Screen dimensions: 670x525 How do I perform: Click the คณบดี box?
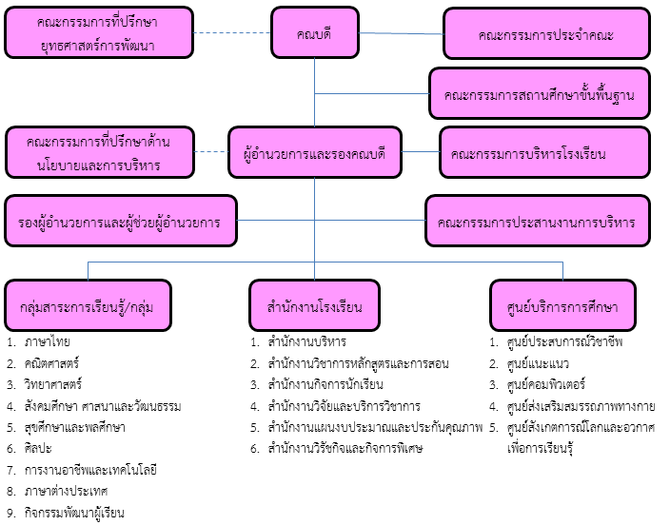coord(315,32)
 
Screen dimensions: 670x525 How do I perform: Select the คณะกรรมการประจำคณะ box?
coord(546,33)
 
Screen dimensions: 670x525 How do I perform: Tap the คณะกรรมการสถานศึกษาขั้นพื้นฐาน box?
coord(540,93)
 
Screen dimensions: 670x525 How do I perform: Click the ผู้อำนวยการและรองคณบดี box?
coord(315,152)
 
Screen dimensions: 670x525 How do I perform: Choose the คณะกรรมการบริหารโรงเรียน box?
coord(544,152)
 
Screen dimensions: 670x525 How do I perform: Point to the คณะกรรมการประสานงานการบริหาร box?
coord(538,221)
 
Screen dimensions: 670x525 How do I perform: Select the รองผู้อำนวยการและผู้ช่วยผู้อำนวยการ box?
coord(121,221)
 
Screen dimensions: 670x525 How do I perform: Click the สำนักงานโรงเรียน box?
coord(314,305)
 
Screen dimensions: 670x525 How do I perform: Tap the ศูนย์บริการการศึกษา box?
coord(562,305)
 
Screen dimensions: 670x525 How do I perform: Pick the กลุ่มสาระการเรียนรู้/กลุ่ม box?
coord(88,305)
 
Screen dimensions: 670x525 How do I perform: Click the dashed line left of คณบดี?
coord(232,33)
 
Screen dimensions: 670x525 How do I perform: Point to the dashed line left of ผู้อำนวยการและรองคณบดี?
coord(211,151)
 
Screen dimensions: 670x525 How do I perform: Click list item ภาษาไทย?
coord(47,341)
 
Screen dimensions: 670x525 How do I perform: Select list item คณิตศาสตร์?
coord(51,363)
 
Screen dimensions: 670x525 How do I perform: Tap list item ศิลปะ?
coord(38,449)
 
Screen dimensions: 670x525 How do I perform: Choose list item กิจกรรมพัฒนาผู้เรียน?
coord(74,513)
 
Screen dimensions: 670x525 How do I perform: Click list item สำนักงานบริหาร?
coord(306,341)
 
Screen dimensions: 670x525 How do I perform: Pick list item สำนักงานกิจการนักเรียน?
coord(325,384)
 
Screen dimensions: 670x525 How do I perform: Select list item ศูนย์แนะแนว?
coord(538,363)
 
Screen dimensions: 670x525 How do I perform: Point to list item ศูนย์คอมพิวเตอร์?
coord(545,384)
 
